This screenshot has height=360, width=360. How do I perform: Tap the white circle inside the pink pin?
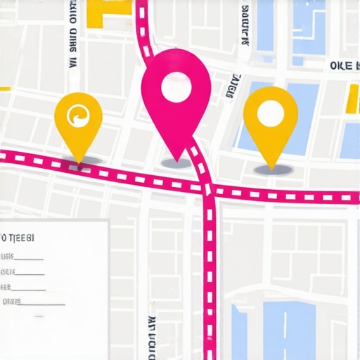(x=175, y=89)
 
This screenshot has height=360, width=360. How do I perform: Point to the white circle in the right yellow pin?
(x=270, y=112)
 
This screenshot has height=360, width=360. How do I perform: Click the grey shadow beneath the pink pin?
(x=176, y=163)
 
